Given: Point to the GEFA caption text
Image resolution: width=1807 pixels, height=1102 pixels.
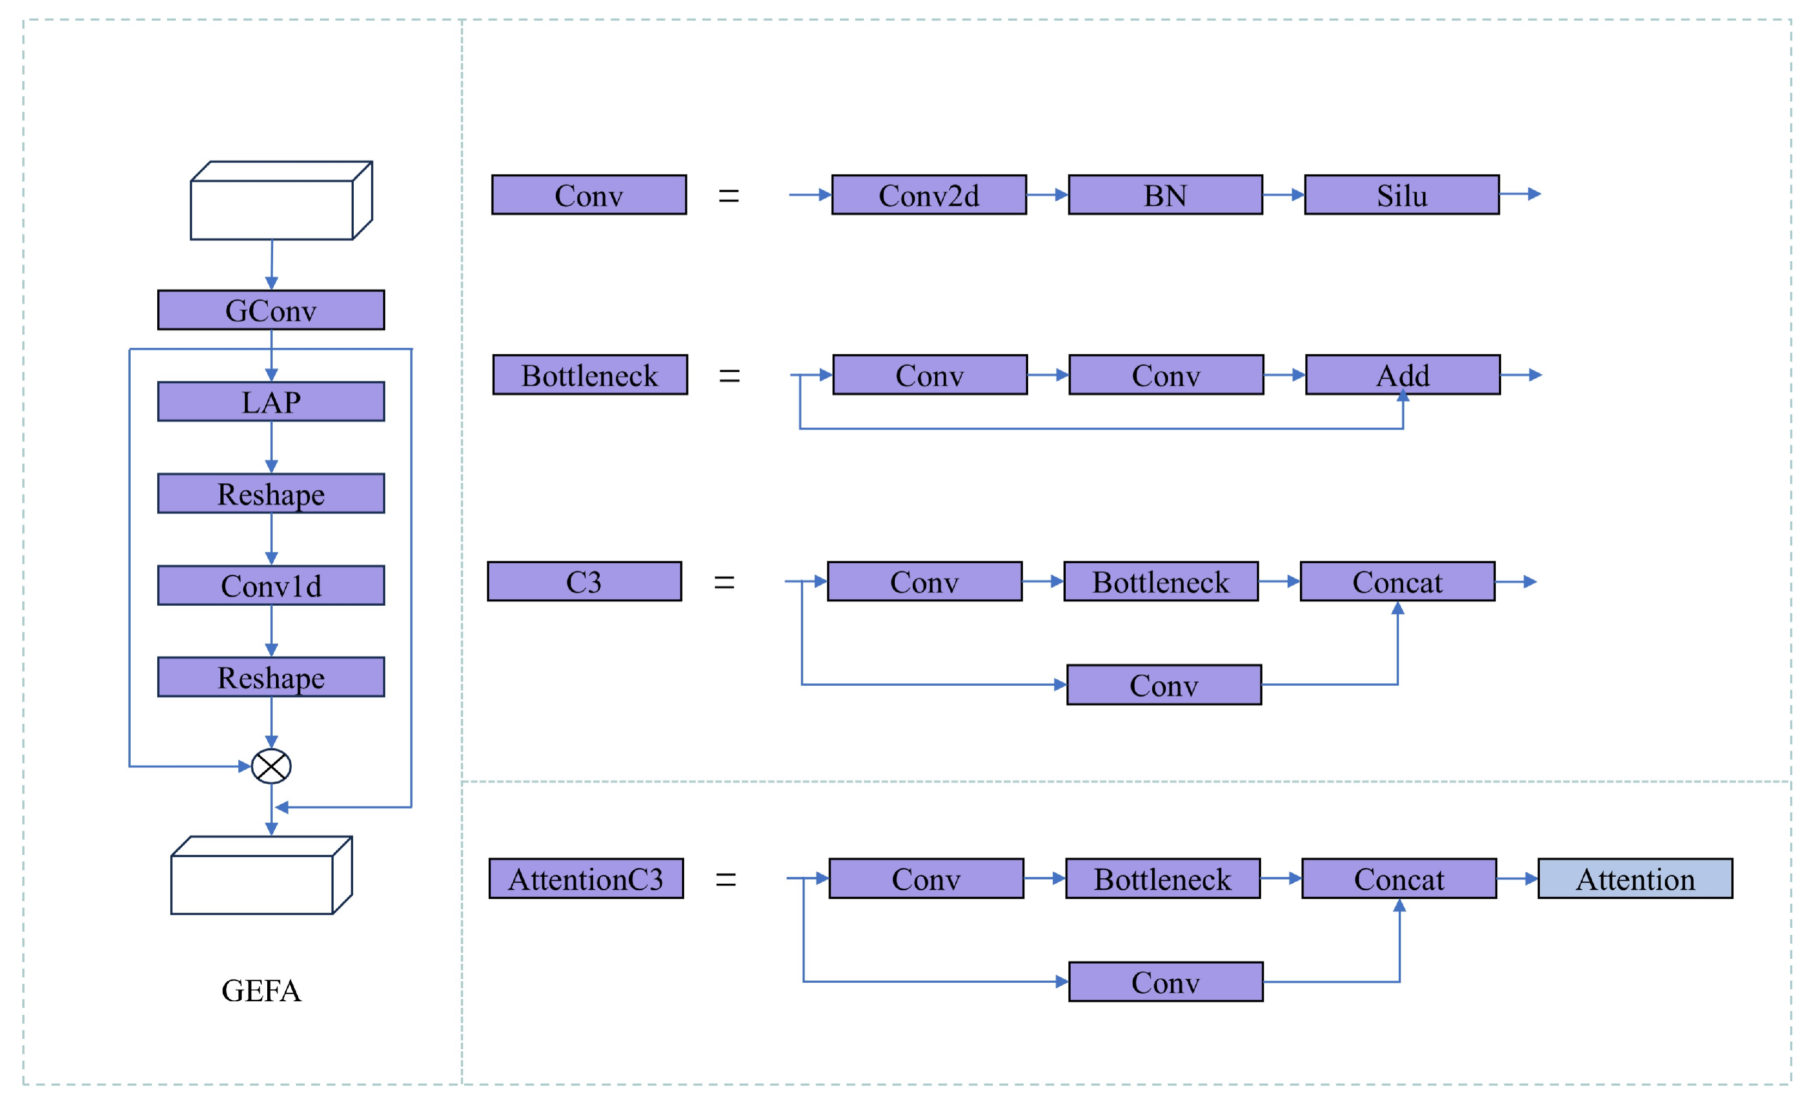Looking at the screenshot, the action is [x=261, y=990].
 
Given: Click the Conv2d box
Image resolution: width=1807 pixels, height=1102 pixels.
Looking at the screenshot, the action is [x=929, y=194].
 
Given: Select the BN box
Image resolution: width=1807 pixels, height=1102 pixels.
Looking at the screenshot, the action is [x=1165, y=194].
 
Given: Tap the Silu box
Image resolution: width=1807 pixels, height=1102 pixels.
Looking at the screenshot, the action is [x=1402, y=194].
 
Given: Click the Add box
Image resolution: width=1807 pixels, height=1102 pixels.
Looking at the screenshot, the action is [x=1403, y=374].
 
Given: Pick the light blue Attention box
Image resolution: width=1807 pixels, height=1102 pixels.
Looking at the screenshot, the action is [x=1636, y=878].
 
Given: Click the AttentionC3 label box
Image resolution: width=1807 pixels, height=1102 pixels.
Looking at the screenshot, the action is [x=586, y=878].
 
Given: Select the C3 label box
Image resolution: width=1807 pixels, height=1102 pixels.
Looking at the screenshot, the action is [x=585, y=581].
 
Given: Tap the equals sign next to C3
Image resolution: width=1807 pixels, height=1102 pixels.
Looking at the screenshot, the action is [x=724, y=582].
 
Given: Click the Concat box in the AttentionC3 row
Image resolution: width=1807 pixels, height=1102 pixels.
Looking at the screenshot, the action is [x=1399, y=878].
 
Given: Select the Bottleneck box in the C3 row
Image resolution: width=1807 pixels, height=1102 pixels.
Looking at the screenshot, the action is [x=1161, y=581].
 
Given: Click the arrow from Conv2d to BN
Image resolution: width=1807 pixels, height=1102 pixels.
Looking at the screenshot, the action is [x=1047, y=194].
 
